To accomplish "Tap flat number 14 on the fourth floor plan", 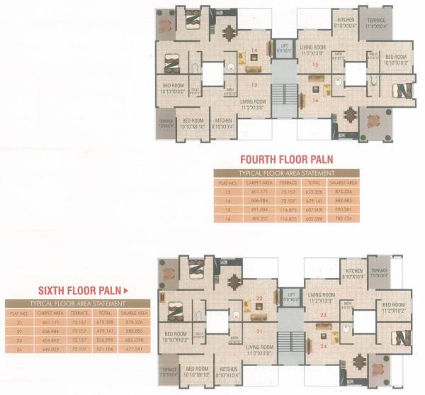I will [x=254, y=50].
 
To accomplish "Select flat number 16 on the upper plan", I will [x=315, y=100].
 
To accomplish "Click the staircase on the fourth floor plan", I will [x=283, y=95].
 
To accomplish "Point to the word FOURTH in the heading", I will [x=261, y=159].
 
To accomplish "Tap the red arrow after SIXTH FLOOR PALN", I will [x=125, y=289].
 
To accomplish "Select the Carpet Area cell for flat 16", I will [x=255, y=218].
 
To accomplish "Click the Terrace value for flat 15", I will [x=288, y=209].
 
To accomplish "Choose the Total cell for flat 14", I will [x=317, y=200].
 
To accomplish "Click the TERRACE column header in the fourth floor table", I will [x=288, y=182].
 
